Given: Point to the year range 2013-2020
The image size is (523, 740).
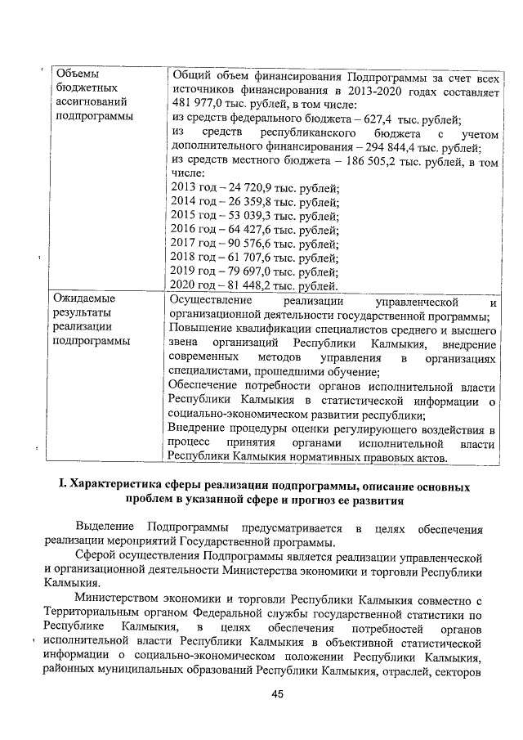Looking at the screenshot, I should (x=369, y=90).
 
